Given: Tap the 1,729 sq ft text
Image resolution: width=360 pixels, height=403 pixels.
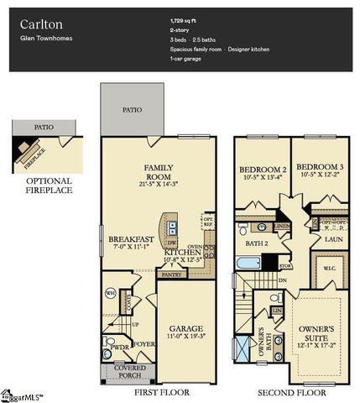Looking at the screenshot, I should [184, 18].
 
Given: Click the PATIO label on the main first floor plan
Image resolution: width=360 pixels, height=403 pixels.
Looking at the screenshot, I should [132, 109].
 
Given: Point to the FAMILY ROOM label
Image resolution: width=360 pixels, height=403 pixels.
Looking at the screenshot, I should [158, 172].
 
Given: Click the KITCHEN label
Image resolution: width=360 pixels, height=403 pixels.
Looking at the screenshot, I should [181, 252].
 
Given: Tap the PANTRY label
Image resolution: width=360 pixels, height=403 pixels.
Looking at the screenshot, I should [171, 275].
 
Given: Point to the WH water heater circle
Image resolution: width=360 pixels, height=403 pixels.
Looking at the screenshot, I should [111, 293].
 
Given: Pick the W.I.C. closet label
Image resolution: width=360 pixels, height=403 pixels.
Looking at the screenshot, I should [330, 270].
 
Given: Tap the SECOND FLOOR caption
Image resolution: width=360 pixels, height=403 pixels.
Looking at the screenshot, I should [291, 390].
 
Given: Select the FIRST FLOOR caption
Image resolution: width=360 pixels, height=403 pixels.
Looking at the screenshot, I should [157, 390].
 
